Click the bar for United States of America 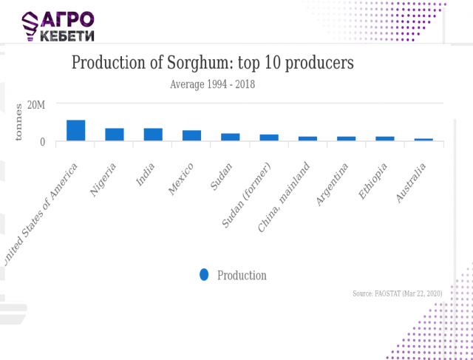(x=76, y=130)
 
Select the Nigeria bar (x=115, y=135)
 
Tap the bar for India (x=153, y=135)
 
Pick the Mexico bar (x=192, y=135)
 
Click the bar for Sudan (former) (x=269, y=137)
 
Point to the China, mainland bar (x=307, y=138)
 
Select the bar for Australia (x=423, y=140)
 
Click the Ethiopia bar (x=385, y=138)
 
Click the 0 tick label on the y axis (x=42, y=141)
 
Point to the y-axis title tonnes (x=20, y=123)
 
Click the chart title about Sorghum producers (x=212, y=63)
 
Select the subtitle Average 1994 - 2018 (x=212, y=84)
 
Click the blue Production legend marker (x=204, y=275)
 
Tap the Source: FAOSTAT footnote (x=397, y=293)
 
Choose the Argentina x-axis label (x=333, y=186)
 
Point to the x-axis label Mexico (x=182, y=177)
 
